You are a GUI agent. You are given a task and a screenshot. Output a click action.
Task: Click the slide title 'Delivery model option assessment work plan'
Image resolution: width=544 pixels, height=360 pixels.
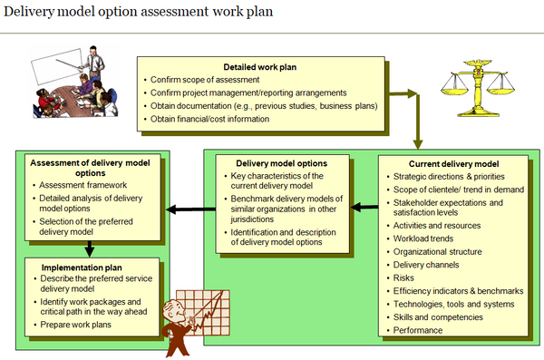136,15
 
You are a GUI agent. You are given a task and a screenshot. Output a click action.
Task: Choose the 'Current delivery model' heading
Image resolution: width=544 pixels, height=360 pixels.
453,163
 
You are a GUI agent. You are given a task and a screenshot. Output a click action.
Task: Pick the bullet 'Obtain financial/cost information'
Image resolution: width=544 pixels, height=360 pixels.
210,119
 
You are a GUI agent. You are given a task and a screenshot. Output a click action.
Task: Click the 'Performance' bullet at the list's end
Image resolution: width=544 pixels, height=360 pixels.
418,330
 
